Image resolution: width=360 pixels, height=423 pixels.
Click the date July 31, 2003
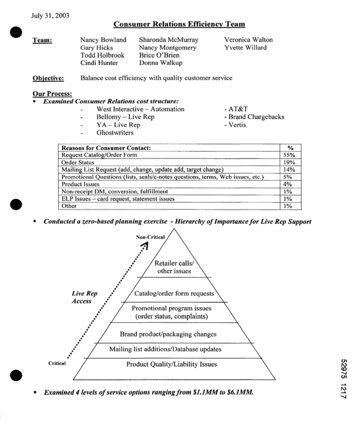click(x=51, y=16)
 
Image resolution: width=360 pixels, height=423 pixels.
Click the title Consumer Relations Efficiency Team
click(x=179, y=24)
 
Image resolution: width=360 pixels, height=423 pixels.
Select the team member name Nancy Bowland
click(x=103, y=40)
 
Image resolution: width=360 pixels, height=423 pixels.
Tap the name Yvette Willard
click(x=246, y=48)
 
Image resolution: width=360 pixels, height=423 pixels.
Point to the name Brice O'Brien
click(x=160, y=56)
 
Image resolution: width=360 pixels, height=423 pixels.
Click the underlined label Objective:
click(x=48, y=78)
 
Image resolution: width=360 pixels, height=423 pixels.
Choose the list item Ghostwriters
click(x=115, y=133)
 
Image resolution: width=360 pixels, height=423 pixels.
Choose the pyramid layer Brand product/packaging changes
click(x=168, y=334)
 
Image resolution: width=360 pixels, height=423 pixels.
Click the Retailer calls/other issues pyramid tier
click(x=174, y=267)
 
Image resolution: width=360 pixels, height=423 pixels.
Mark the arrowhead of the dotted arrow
click(x=145, y=246)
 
